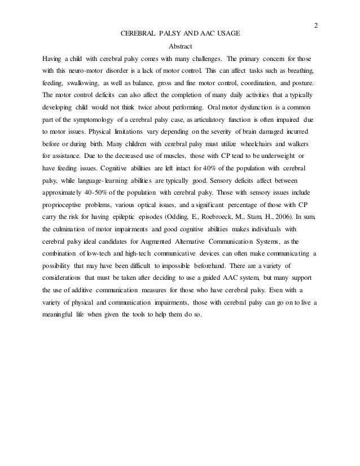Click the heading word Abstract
coord(180,46)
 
